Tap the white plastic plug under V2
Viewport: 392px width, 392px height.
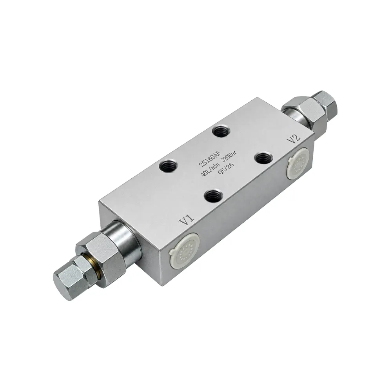tap(298, 163)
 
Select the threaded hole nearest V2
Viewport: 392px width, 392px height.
tap(261, 158)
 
